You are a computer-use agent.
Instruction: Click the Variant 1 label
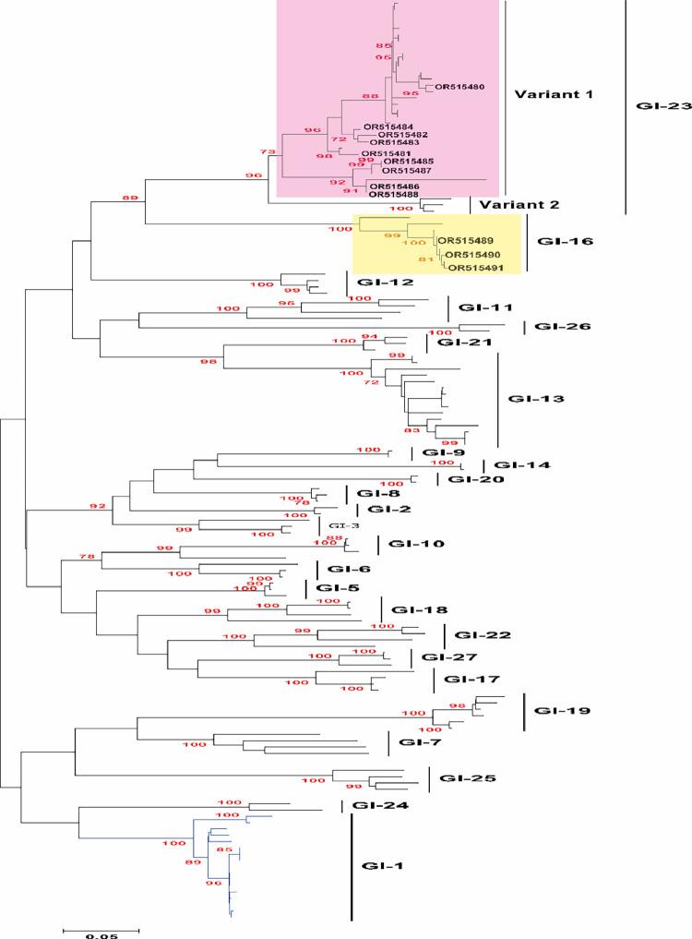[x=554, y=94]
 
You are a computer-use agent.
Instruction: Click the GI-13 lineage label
[x=537, y=400]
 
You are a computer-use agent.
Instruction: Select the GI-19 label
[x=562, y=711]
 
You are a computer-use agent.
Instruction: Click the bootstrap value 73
[x=268, y=152]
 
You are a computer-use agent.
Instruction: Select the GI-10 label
[x=417, y=544]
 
